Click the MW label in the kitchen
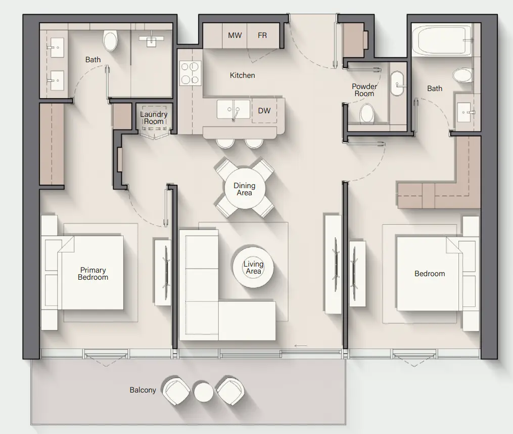point(235,35)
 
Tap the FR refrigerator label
point(262,35)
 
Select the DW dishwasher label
point(264,111)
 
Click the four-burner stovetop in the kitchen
point(190,73)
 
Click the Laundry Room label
point(154,118)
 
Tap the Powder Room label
point(364,90)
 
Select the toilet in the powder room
point(367,113)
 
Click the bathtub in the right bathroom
point(440,40)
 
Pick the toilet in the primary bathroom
point(110,40)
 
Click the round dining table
point(244,189)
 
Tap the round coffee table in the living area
point(253,267)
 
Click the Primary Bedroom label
point(92,274)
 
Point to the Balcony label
point(143,390)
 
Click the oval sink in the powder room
point(398,83)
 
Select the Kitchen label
point(242,75)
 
